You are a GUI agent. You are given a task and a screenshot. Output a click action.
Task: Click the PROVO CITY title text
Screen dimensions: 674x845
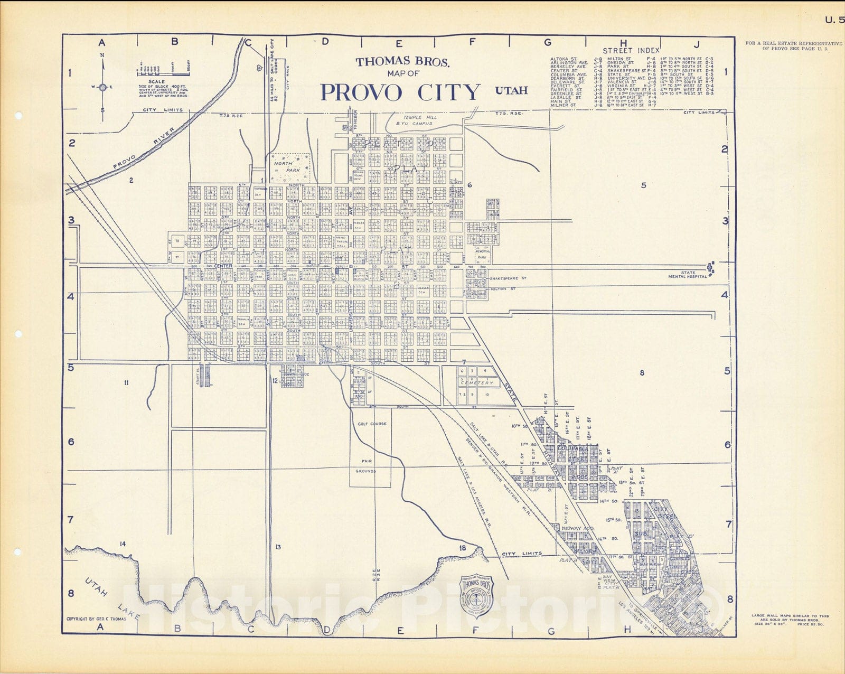400,92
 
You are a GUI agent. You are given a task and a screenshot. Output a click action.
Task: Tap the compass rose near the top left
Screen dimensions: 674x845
103,87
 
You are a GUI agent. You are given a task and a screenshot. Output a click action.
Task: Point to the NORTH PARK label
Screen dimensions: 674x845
283,167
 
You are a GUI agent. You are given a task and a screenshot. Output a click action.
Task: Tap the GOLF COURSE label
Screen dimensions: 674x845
372,424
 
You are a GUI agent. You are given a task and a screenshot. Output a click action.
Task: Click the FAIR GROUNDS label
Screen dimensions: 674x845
365,466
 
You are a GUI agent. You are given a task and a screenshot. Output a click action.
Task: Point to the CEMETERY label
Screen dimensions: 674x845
476,383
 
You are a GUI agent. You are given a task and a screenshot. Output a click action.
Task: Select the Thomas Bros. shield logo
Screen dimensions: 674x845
477,596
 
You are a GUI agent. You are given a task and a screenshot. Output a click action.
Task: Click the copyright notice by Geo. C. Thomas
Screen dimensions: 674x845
96,619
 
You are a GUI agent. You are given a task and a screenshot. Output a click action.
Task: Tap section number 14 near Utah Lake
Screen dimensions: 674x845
122,544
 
